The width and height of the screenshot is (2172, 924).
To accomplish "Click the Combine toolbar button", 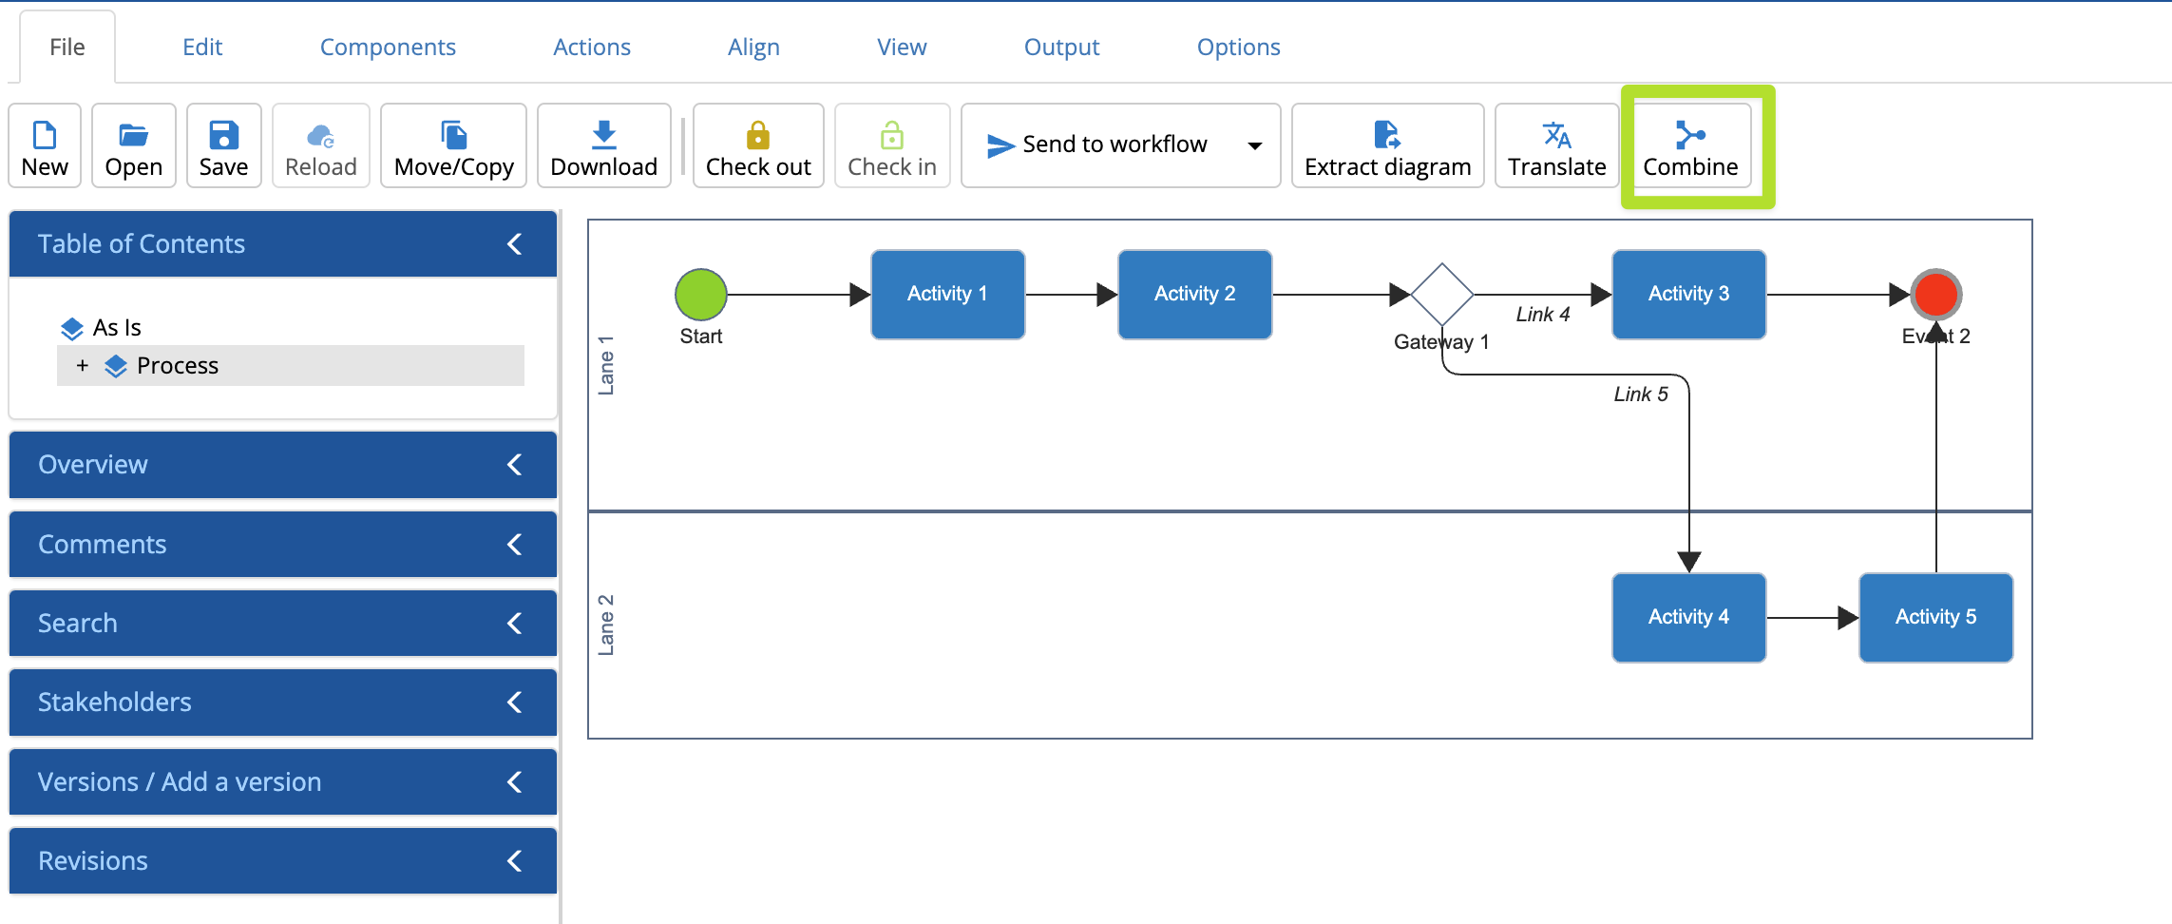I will point(1689,146).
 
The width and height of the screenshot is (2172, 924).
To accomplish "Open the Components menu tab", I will point(388,47).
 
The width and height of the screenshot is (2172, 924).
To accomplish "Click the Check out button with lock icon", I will point(757,146).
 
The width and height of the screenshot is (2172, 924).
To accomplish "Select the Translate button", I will point(1555,146).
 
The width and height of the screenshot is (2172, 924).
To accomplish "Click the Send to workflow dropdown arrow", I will point(1254,145).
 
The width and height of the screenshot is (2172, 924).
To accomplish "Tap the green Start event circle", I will point(701,294).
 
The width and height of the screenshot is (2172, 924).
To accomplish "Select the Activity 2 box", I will point(1194,294).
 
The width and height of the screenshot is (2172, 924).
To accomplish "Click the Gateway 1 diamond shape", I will point(1441,294).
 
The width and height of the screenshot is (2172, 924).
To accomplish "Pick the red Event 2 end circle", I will point(1935,294).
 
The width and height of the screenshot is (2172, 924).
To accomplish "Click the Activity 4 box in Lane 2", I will point(1688,617).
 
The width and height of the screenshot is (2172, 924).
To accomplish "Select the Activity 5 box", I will point(1935,617).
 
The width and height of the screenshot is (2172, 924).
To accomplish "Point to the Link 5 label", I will point(1640,394).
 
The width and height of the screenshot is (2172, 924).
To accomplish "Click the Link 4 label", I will point(1542,315).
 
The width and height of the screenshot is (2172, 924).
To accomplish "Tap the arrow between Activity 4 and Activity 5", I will point(1810,618).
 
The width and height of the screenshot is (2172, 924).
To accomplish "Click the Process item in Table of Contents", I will point(177,366).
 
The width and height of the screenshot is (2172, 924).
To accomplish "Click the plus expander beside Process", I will point(83,366).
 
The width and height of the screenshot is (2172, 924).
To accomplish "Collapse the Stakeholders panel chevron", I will point(514,703).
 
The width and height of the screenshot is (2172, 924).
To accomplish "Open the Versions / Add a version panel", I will point(180,781).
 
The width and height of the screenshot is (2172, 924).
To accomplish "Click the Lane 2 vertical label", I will point(606,625).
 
